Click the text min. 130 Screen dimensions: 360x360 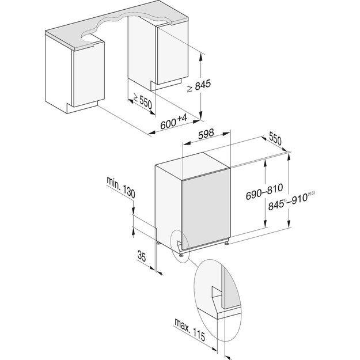[120, 188]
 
